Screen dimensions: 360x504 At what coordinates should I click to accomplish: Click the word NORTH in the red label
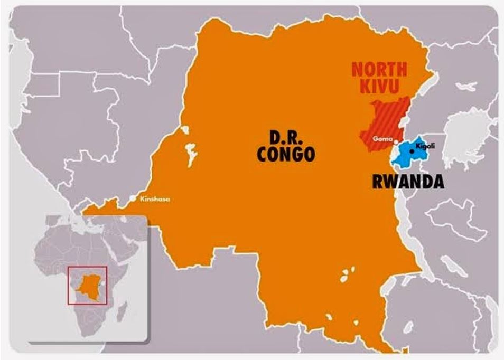pyautogui.click(x=379, y=69)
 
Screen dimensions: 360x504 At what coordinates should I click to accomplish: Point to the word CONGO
pyautogui.click(x=286, y=154)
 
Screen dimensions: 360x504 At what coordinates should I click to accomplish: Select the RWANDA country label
pyautogui.click(x=408, y=182)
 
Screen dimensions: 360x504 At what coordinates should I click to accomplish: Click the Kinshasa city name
pyautogui.click(x=155, y=199)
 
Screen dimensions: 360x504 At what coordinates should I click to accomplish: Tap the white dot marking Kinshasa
pyautogui.click(x=133, y=199)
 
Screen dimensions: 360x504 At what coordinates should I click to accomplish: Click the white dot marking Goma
pyautogui.click(x=396, y=141)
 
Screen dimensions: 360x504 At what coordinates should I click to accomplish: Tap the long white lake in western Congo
pyautogui.click(x=189, y=153)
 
